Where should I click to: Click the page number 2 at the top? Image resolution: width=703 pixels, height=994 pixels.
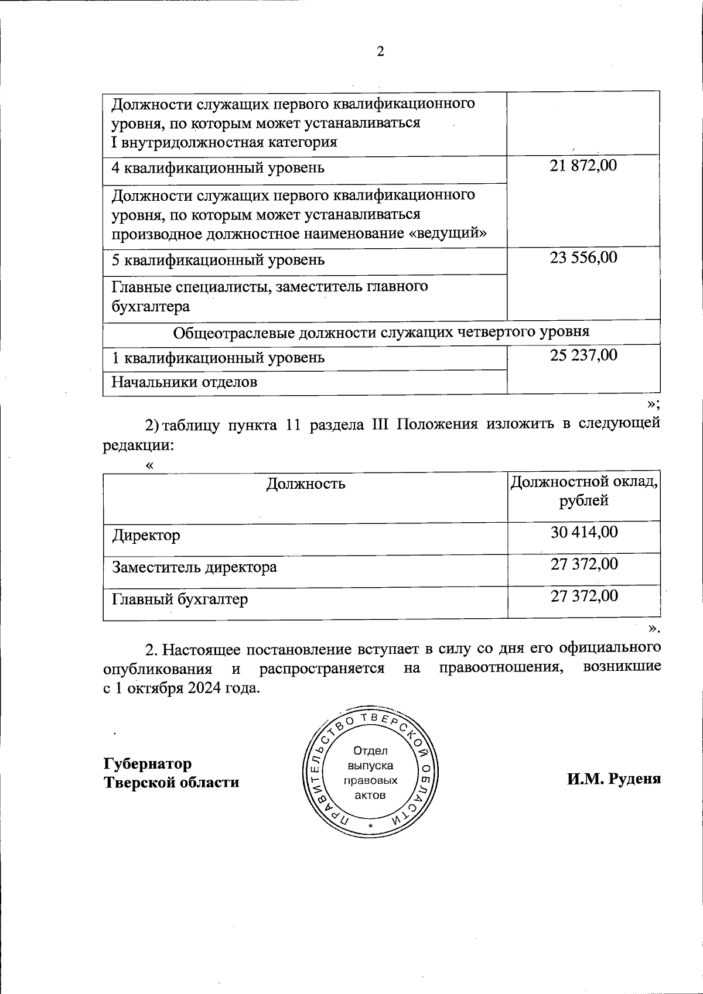380,52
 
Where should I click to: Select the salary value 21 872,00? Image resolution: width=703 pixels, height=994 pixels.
583,166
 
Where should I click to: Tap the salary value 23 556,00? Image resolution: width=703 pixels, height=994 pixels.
583,258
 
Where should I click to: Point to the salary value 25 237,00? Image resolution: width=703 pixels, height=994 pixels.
583,355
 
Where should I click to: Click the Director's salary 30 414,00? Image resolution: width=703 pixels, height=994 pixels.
584,532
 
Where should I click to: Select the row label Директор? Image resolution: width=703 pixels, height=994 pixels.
146,536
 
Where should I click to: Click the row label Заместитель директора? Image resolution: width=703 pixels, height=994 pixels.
194,567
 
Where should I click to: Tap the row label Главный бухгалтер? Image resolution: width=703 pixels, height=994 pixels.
180,599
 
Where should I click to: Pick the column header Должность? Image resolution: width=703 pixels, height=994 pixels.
306,484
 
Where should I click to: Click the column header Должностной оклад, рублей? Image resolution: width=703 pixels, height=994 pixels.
583,492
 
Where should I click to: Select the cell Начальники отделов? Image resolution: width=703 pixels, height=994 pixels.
185,383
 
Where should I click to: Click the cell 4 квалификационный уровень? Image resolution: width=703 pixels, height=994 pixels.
218,169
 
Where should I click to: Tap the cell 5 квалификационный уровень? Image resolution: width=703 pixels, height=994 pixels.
218,260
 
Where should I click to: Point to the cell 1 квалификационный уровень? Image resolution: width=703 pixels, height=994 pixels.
218,358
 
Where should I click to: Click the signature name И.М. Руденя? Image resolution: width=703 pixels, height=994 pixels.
613,779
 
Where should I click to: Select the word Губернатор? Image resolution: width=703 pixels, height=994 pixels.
148,764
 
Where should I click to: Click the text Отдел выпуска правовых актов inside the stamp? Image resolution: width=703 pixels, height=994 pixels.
370,773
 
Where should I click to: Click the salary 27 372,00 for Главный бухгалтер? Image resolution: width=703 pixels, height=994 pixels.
584,596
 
